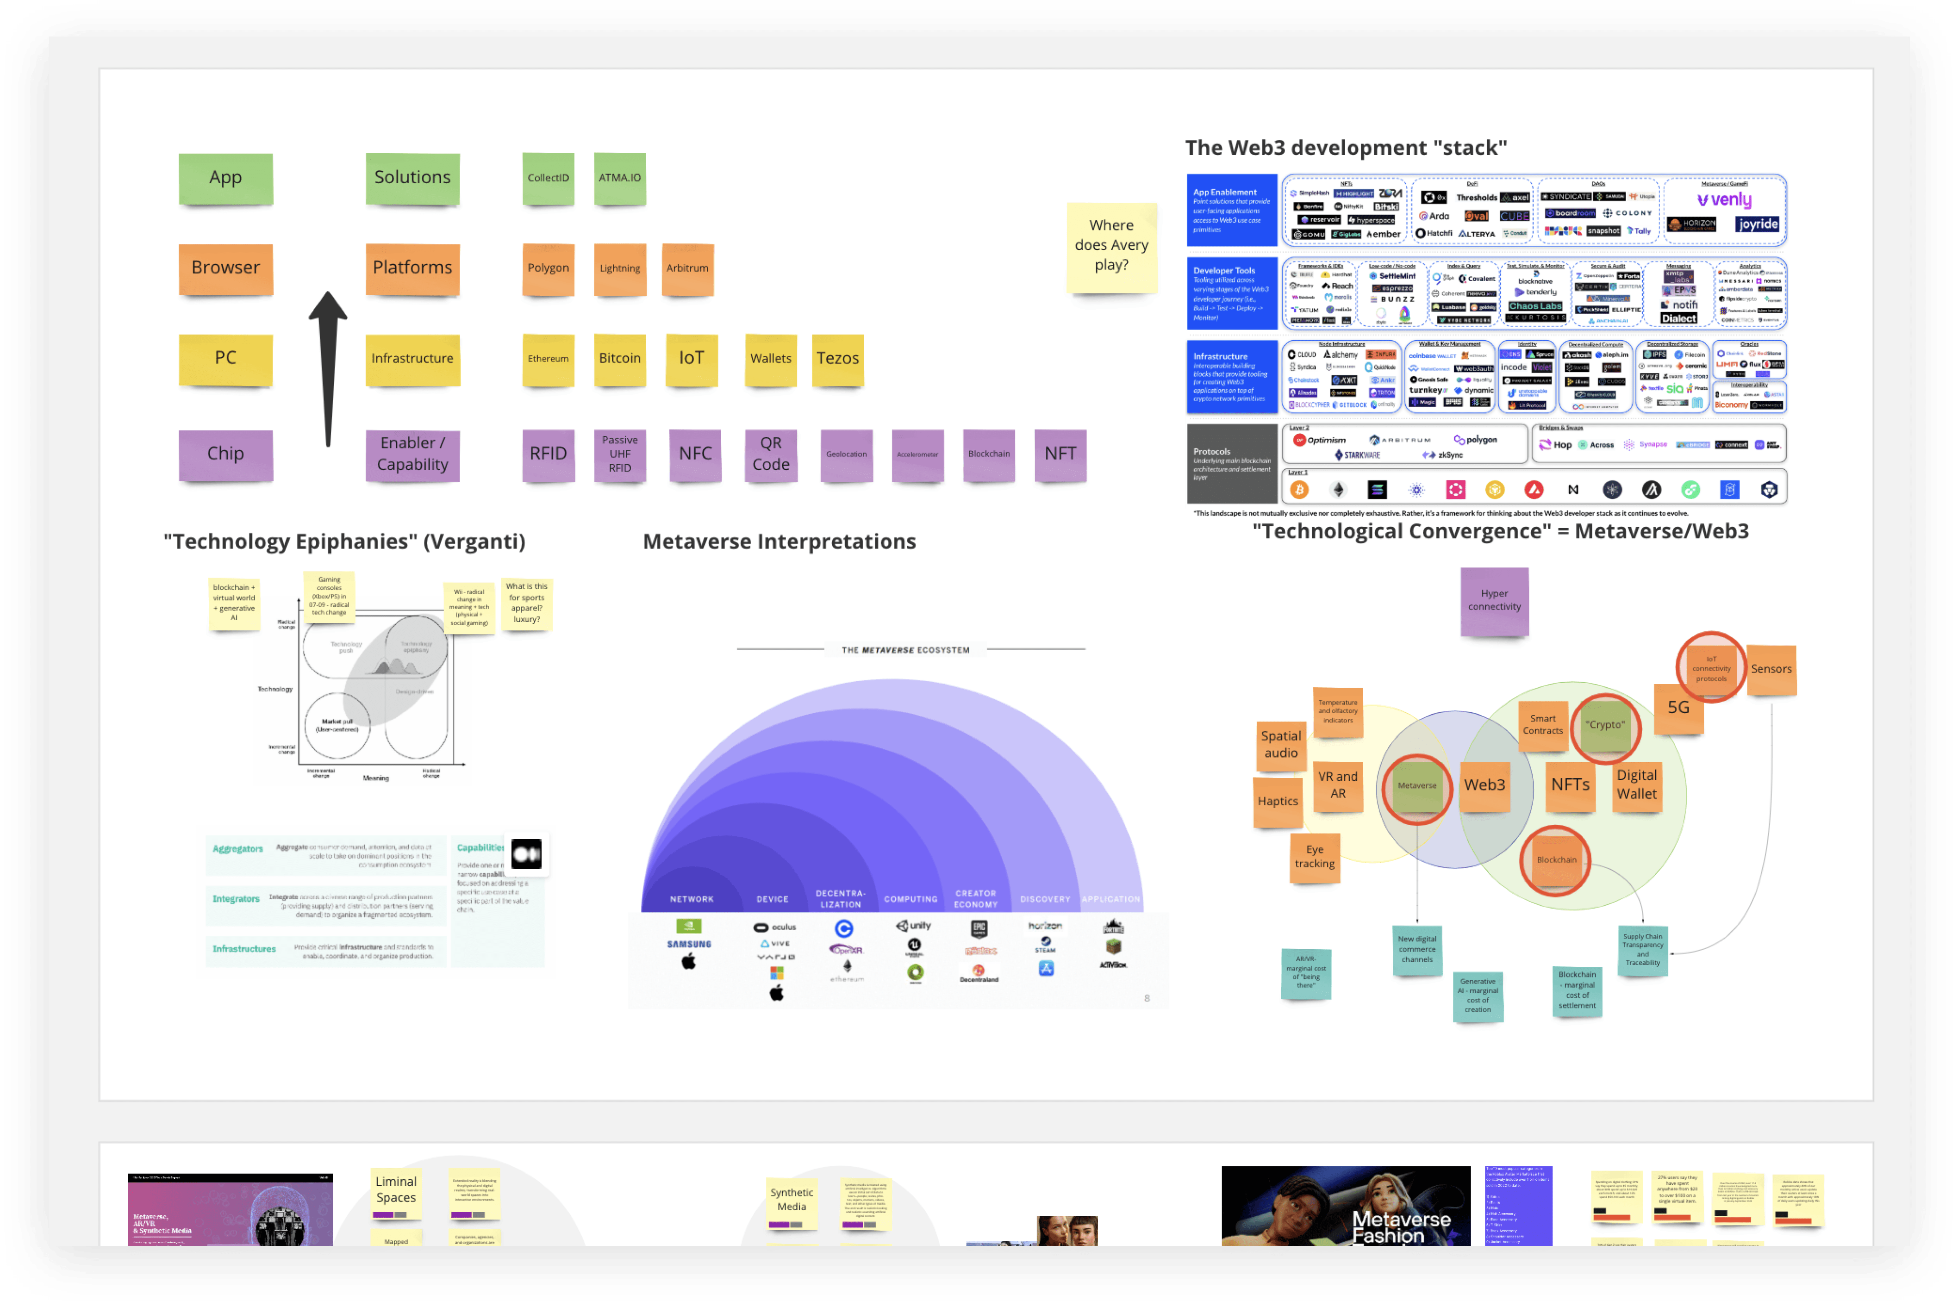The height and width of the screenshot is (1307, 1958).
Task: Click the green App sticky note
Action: pos(225,178)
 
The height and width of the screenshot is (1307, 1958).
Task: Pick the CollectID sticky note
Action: pos(548,178)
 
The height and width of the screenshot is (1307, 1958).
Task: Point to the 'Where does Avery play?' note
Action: pos(1111,246)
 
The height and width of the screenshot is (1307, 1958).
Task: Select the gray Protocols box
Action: pos(1231,463)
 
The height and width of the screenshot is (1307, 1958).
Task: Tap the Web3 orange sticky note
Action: pos(1484,786)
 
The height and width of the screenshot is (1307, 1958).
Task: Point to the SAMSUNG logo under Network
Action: pos(688,945)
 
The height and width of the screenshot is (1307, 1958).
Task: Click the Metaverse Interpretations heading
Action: pos(779,542)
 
